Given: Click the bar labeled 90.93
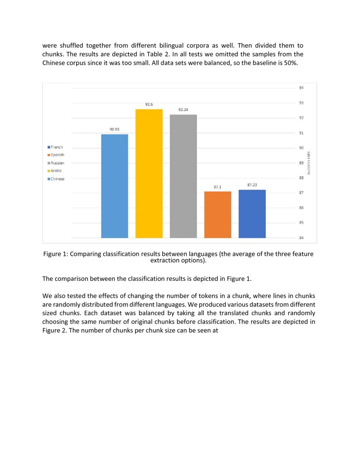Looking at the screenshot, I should (114, 186).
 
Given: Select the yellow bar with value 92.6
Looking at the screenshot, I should (149, 173).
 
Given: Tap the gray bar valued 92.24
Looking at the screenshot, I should (183, 176).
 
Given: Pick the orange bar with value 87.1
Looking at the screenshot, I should (218, 214).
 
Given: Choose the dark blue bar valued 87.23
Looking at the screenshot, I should (252, 214).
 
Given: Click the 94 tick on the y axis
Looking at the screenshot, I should (301, 88).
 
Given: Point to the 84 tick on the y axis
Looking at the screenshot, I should (301, 238).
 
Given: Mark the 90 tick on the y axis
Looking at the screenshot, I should (301, 148).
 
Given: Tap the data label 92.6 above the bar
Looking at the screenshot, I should (149, 104).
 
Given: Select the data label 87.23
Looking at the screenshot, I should (252, 185).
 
